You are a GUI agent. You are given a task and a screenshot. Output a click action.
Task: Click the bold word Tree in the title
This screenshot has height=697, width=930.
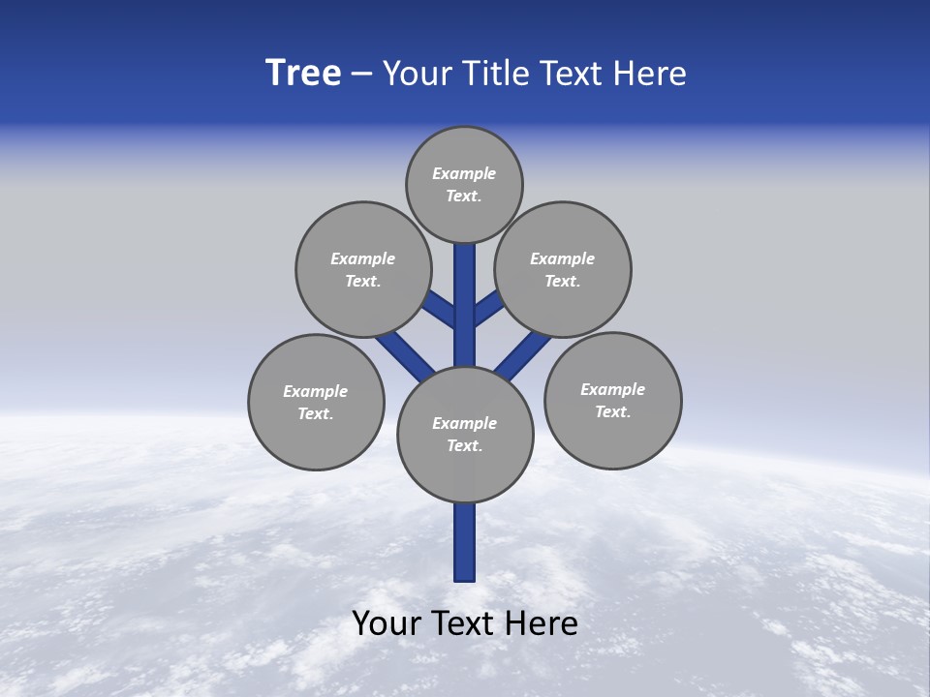point(303,74)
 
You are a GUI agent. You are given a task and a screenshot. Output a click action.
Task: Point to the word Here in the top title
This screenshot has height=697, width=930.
point(649,74)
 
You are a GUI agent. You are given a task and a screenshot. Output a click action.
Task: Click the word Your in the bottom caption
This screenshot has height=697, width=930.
point(387,623)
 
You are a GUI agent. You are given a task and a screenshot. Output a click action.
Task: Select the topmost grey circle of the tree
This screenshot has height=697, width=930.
point(464,184)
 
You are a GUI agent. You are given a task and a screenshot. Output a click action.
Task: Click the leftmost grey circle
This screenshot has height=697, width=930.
point(316,402)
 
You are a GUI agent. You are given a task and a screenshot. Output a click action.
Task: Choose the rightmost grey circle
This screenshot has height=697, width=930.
point(612,400)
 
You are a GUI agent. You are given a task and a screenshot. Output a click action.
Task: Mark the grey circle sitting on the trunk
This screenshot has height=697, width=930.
point(465,435)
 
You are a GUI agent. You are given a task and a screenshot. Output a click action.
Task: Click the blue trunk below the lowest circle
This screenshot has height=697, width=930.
point(465,542)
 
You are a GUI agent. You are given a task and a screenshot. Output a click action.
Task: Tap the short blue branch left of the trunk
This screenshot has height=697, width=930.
point(441,310)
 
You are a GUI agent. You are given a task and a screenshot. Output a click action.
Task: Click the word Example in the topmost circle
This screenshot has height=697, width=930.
point(464,173)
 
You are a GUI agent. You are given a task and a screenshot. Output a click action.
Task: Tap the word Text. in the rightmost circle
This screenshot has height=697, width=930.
point(612,411)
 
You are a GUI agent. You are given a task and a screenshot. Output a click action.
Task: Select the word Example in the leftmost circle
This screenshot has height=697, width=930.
point(315,391)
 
